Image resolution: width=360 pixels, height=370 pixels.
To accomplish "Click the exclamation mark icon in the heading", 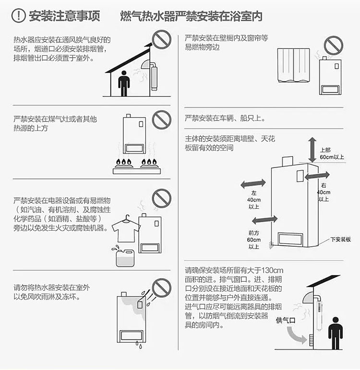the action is click(x=18, y=15).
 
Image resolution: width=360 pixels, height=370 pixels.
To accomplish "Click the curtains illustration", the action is click(x=293, y=65).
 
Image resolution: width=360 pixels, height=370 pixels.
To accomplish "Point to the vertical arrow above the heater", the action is click(x=312, y=150).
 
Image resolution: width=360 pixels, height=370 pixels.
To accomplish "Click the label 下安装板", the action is click(x=340, y=239).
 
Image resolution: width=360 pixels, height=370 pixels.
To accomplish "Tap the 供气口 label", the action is click(x=286, y=320).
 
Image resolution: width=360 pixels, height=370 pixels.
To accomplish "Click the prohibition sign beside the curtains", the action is click(x=333, y=45).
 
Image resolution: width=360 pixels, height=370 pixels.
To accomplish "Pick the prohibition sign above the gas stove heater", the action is click(x=161, y=119).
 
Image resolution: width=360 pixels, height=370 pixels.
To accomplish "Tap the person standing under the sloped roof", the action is click(x=124, y=84).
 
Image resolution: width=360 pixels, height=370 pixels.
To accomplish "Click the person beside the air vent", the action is click(x=336, y=333).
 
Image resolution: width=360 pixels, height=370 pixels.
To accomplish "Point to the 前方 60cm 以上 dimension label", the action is click(x=254, y=240).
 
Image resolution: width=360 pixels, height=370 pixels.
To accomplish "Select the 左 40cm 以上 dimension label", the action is click(x=254, y=200).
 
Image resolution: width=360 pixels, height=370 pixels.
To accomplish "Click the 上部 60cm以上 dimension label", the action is click(x=332, y=154).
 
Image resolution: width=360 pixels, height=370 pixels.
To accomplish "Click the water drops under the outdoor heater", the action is click(x=139, y=345).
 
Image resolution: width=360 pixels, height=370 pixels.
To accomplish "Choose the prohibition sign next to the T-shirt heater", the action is click(x=161, y=198).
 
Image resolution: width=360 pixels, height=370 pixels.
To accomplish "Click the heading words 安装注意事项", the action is click(x=64, y=16).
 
